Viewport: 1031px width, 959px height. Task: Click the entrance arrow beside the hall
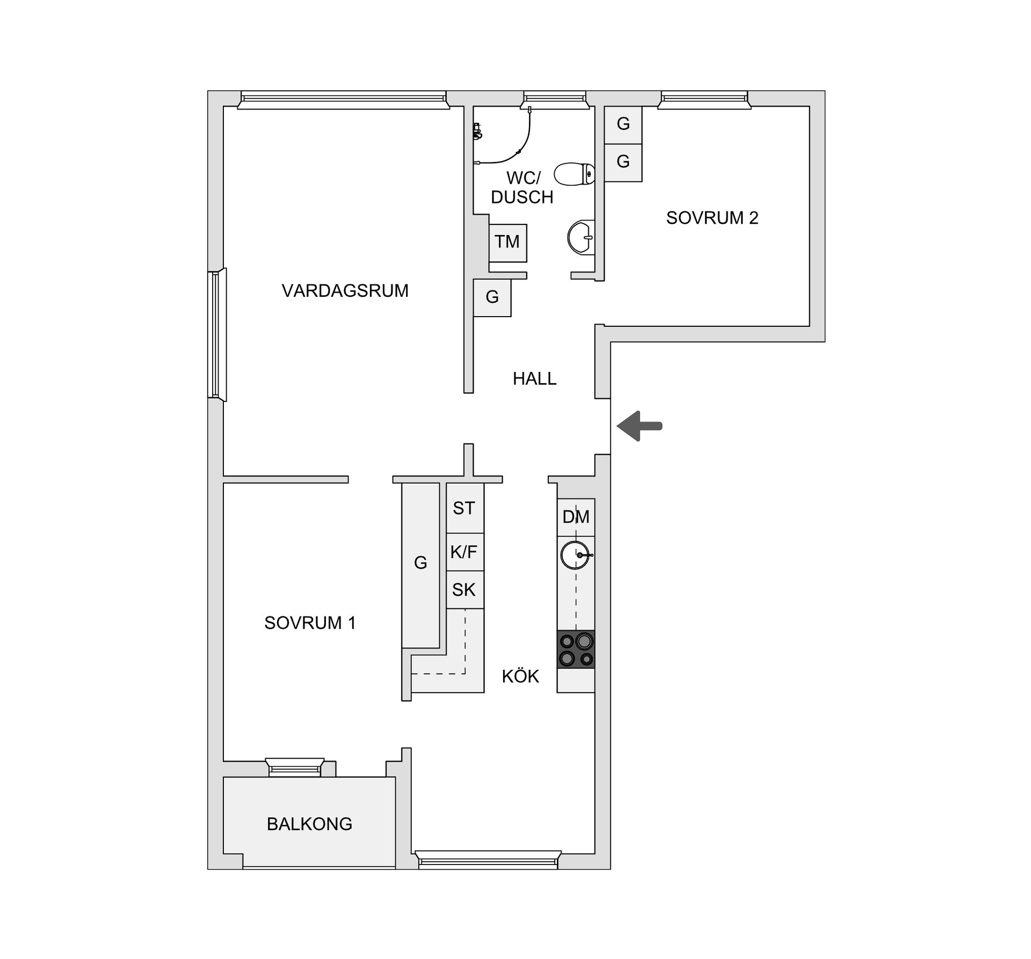tap(640, 426)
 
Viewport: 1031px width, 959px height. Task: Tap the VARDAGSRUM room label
tap(345, 291)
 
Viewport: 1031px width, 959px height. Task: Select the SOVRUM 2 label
tap(712, 218)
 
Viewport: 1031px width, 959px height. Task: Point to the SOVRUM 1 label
tap(310, 623)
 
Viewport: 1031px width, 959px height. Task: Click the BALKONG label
tap(309, 824)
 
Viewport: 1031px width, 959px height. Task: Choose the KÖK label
tap(520, 676)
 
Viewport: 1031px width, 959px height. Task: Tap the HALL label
tap(534, 379)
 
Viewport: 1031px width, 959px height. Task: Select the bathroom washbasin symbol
tap(581, 237)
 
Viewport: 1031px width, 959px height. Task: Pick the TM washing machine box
tap(507, 243)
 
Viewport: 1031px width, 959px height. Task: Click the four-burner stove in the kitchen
tap(576, 649)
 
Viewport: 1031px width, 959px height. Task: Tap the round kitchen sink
tap(575, 555)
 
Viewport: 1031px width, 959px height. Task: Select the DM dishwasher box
tap(576, 517)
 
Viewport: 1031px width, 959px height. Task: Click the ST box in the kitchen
tap(464, 508)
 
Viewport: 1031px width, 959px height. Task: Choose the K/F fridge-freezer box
tap(464, 552)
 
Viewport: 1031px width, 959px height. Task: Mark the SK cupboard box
tap(464, 590)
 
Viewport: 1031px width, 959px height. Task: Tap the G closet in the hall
tap(492, 297)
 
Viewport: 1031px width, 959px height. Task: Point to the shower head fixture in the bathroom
tap(476, 131)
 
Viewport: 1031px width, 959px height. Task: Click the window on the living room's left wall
tap(217, 334)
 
